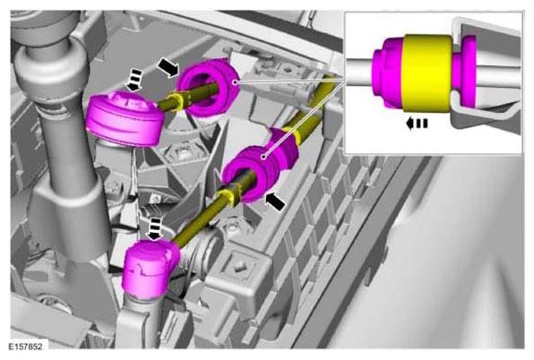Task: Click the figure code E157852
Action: pyautogui.click(x=26, y=347)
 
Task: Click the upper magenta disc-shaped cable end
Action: pyautogui.click(x=124, y=119)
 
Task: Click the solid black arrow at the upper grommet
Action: pyautogui.click(x=168, y=68)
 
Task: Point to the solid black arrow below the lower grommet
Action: pyautogui.click(x=275, y=201)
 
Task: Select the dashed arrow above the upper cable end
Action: pyautogui.click(x=134, y=81)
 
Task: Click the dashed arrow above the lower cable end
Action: pyautogui.click(x=155, y=229)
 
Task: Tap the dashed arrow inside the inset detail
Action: pyautogui.click(x=417, y=124)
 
